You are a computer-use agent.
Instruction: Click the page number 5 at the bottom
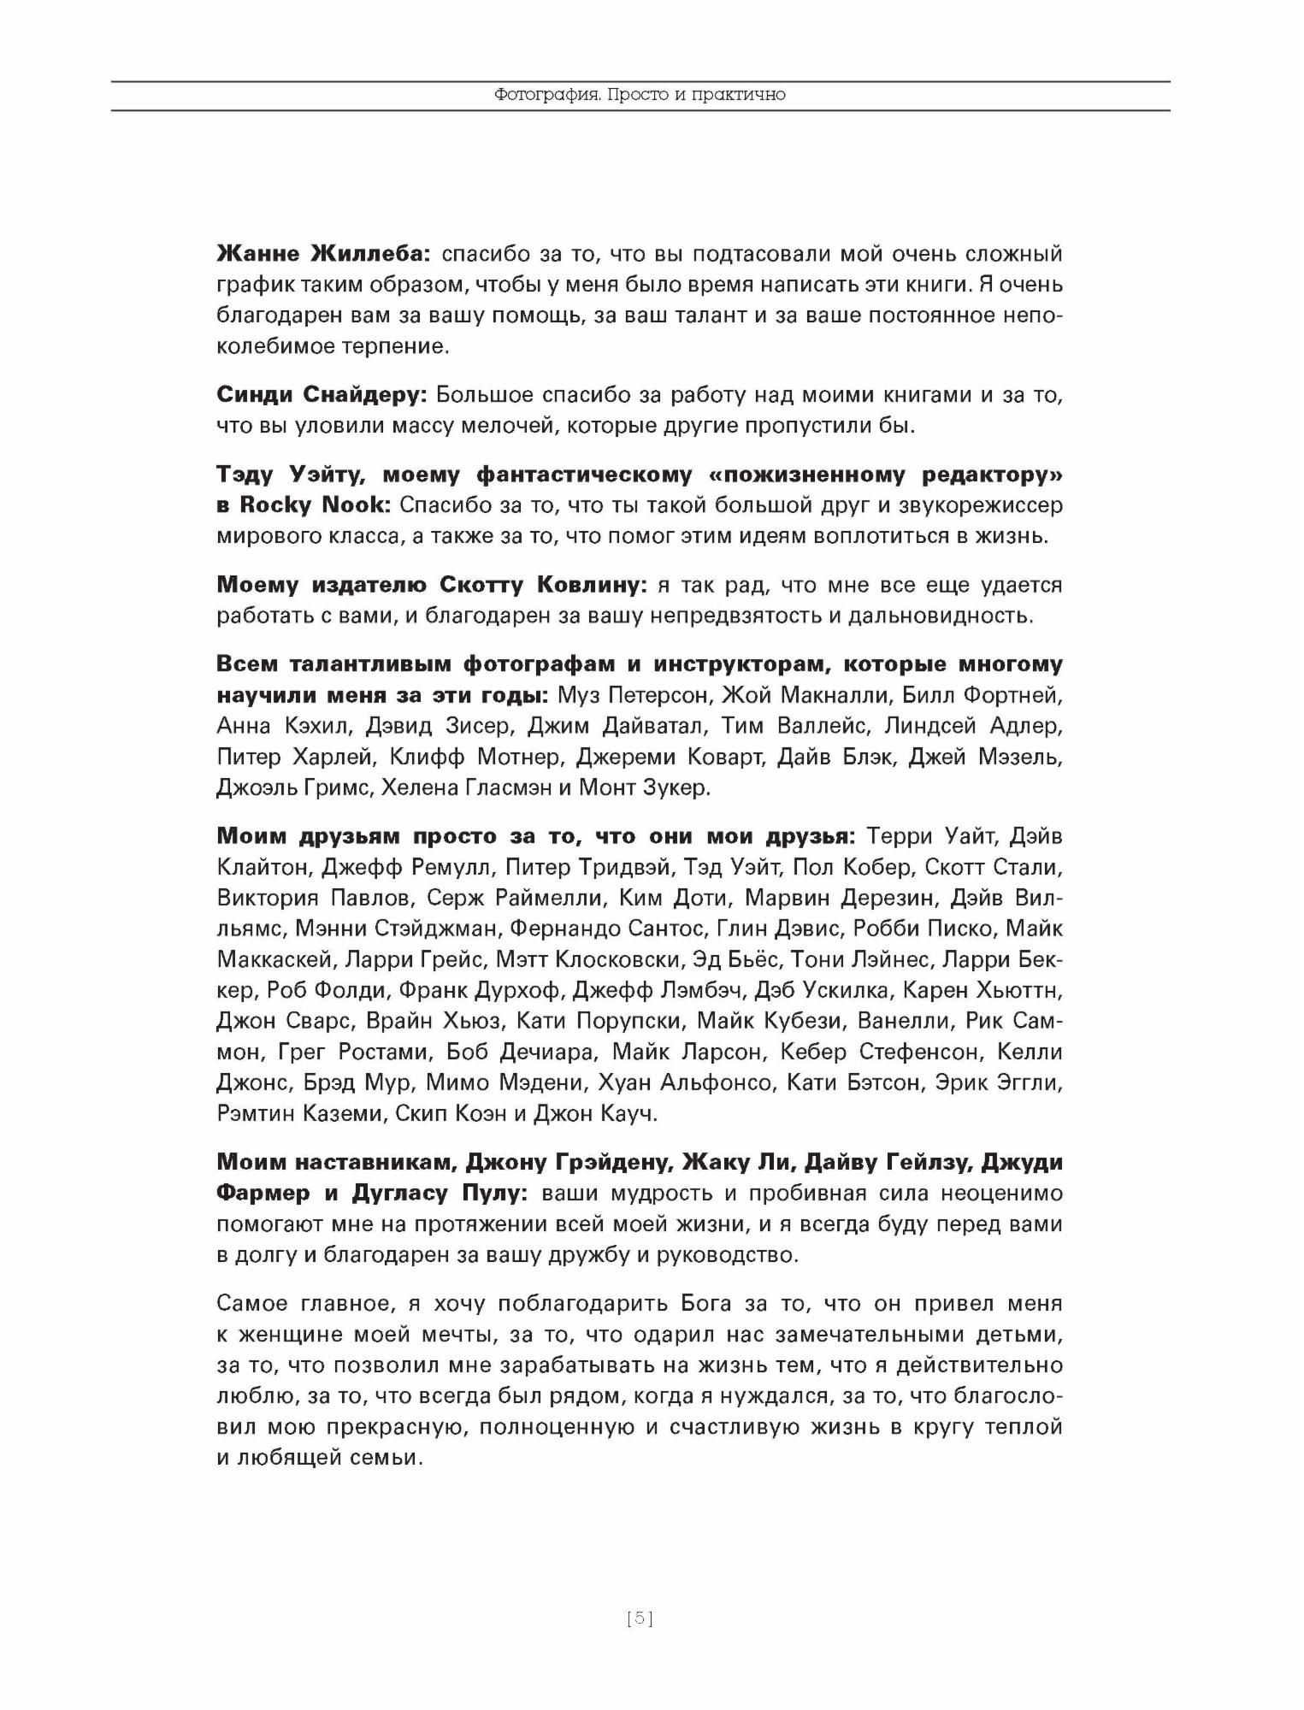click(640, 1619)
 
